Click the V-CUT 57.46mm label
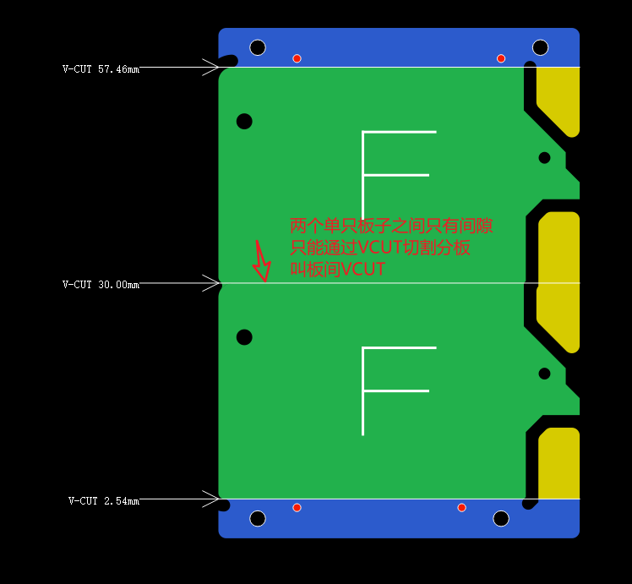coord(101,69)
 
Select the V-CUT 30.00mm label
coord(101,285)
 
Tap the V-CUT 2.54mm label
coord(104,501)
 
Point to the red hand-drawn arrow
coord(262,261)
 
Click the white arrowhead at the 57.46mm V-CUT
coord(210,67)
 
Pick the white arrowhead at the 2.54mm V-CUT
coord(210,499)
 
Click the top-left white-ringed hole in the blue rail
coord(258,47)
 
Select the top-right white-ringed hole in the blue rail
coord(540,47)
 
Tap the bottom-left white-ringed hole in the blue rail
coord(258,518)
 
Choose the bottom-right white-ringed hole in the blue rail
coord(501,518)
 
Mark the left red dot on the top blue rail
coord(297,58)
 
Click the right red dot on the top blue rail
coord(501,58)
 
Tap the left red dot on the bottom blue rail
coord(297,507)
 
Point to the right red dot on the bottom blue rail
coord(462,507)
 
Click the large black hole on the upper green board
coord(244,122)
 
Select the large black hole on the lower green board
coord(244,337)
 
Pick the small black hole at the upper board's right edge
coord(544,157)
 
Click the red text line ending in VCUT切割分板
coord(380,248)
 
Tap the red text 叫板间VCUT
coord(338,269)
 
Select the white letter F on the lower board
coord(363,391)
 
